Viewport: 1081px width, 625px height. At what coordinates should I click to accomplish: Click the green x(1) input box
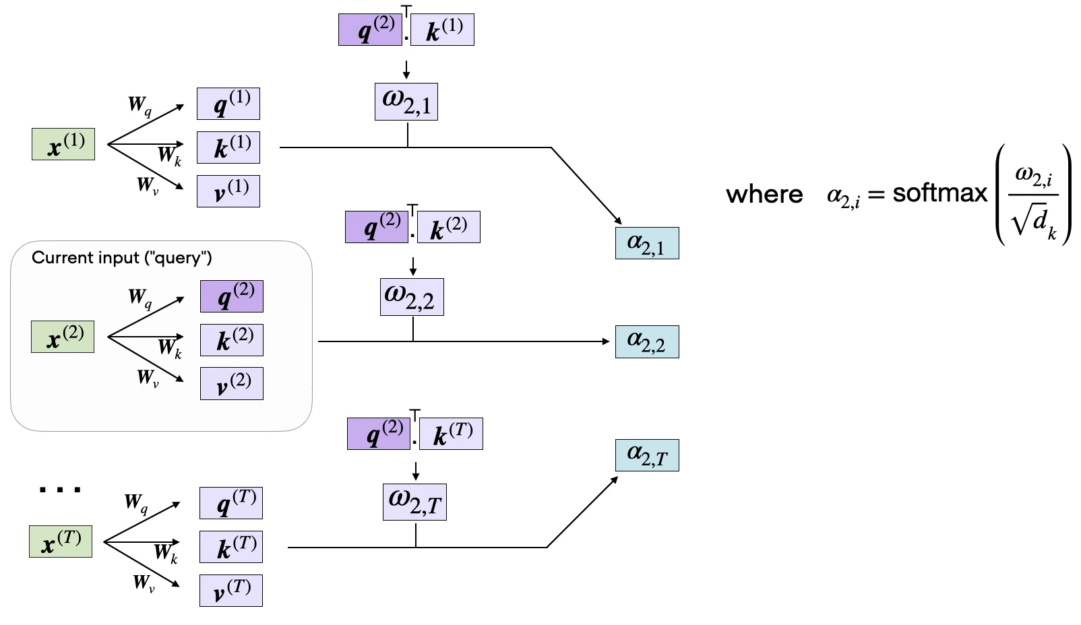coord(63,144)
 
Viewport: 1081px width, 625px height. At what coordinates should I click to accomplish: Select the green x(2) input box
coord(63,337)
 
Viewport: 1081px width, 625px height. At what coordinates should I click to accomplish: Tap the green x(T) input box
coord(61,541)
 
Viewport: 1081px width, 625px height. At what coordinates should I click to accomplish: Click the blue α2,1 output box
coord(647,243)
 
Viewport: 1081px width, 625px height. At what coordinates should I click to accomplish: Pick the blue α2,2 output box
coord(647,342)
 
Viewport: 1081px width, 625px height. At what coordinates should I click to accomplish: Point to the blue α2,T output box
coord(647,455)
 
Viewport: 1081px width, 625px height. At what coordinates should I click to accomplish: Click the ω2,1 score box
coord(406,102)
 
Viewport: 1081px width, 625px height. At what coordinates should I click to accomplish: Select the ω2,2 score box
coord(412,297)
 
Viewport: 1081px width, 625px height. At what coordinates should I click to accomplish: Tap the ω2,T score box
coord(415,502)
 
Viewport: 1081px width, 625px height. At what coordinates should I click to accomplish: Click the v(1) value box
coord(228,191)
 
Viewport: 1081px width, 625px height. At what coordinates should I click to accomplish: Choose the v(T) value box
coord(231,590)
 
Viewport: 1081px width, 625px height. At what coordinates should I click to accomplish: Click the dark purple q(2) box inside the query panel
coord(232,296)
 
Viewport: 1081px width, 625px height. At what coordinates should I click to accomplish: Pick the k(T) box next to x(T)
coord(231,547)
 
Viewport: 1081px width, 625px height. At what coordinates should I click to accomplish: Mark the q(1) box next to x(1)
coord(228,104)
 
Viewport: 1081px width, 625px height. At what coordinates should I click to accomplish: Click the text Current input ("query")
coord(121,258)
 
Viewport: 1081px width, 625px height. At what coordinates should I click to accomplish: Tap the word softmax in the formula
coord(940,193)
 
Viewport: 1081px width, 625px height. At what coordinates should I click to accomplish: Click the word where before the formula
coord(764,195)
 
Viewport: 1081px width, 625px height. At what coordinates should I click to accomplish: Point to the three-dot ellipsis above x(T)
coord(60,490)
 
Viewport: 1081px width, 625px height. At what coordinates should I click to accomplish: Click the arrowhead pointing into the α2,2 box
coord(606,341)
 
